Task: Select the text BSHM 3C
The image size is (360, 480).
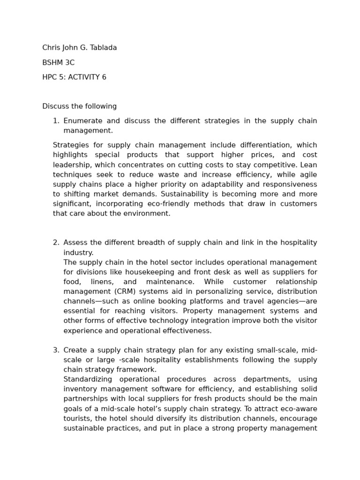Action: tap(58, 63)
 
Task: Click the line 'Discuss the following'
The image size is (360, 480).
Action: tap(79, 106)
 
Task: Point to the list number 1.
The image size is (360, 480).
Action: tap(55, 121)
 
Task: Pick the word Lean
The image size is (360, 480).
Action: tap(308, 165)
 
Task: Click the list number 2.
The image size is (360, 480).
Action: tap(55, 243)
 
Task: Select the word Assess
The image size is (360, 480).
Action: tap(75, 243)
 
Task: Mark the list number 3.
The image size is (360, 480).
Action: tap(55, 350)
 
